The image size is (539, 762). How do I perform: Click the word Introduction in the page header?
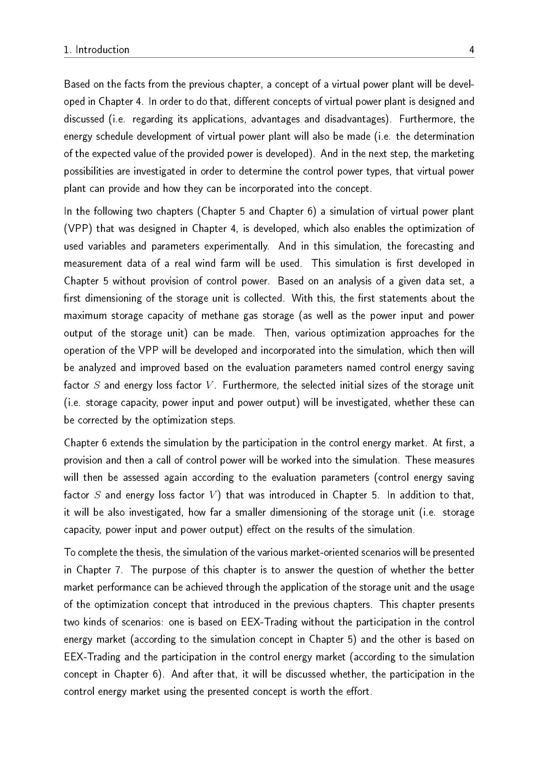coord(102,50)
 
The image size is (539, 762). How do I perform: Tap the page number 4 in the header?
coord(472,50)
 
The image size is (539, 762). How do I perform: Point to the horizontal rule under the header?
coord(269,58)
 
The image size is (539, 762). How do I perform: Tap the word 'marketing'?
coord(453,154)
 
